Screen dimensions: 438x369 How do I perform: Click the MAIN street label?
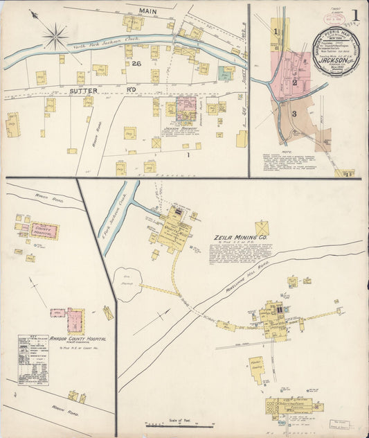pos(147,12)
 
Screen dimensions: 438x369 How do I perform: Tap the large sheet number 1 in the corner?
pos(354,15)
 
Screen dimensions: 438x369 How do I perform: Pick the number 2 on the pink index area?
pos(295,82)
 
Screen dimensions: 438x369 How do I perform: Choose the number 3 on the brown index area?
pos(294,113)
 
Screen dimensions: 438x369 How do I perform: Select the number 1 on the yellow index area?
pos(276,31)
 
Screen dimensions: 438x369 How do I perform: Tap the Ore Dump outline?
pos(127,284)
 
